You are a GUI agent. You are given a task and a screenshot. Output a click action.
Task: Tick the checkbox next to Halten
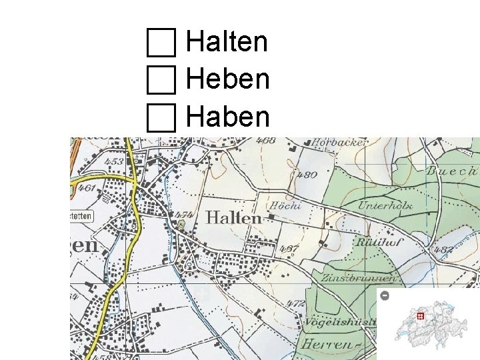pos(161,43)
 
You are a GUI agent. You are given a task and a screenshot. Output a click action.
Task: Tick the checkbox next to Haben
pos(161,118)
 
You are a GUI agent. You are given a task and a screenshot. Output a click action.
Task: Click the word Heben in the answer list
pos(228,80)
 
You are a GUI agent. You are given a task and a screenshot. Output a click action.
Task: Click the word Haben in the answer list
pos(228,118)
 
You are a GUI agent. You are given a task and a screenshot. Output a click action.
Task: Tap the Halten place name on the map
pos(233,218)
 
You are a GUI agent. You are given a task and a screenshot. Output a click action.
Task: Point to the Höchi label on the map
pos(285,205)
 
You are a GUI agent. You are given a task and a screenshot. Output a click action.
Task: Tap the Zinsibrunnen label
pos(360,278)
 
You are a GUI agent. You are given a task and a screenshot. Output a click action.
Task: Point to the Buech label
pos(452,171)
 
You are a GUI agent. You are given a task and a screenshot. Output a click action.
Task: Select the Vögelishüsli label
pos(341,323)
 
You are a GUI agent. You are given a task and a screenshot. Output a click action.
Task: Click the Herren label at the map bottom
pos(327,345)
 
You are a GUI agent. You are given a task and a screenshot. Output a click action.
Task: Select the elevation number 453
pos(113,162)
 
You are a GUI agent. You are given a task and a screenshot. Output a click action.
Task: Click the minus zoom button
pos(385,295)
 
